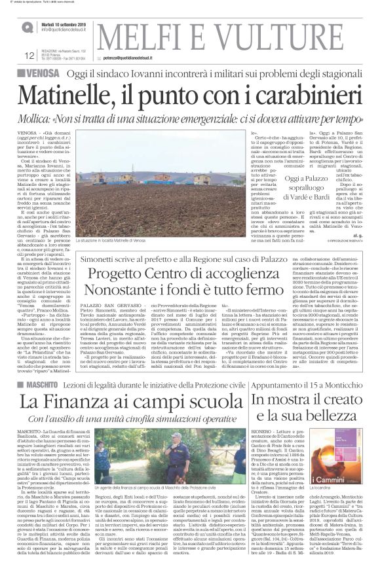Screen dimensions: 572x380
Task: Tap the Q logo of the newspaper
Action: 28,27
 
